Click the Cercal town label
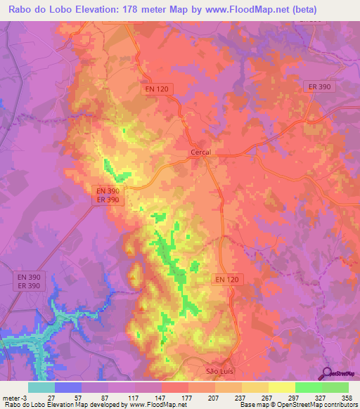(201, 152)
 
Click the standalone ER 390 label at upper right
(322, 86)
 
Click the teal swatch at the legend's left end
(41, 387)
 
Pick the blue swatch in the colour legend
(68, 387)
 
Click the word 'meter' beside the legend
(11, 397)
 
